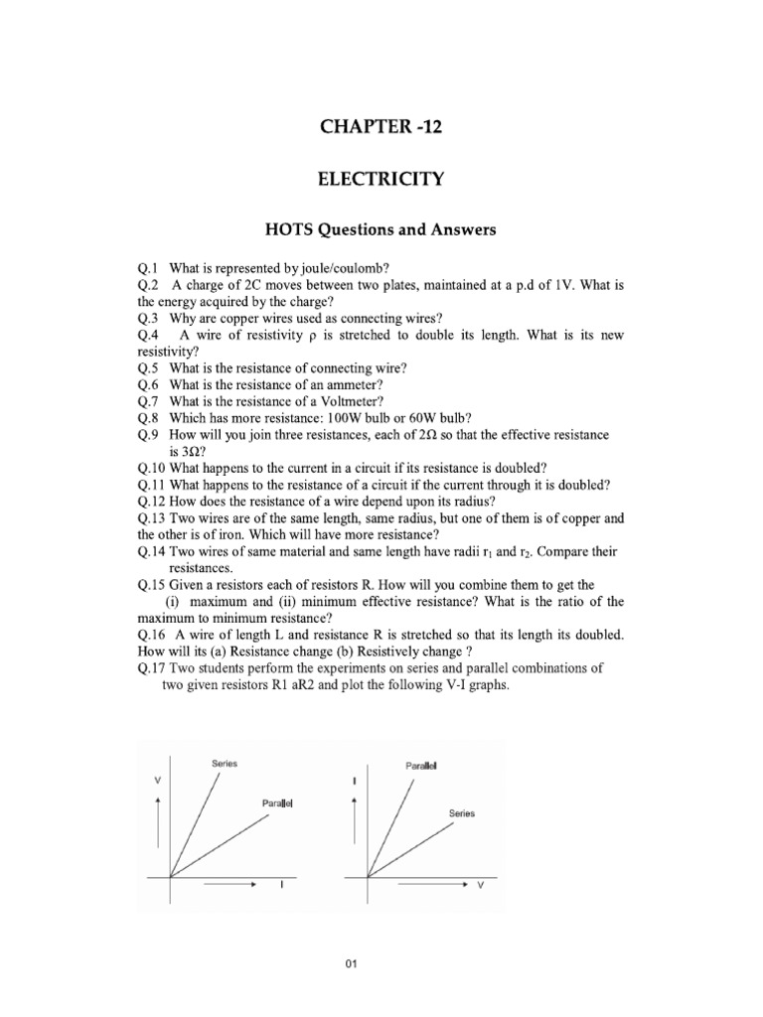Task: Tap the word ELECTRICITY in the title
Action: pos(380,180)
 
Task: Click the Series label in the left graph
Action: pos(224,763)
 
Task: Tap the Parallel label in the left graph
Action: pos(277,800)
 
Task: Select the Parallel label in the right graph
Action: pos(422,766)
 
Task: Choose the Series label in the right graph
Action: pos(462,812)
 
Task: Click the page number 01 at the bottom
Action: pos(380,961)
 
